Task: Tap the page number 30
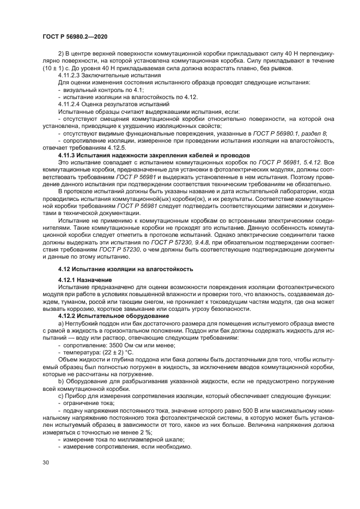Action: tap(46, 462)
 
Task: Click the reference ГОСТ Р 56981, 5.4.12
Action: tap(290, 162)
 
